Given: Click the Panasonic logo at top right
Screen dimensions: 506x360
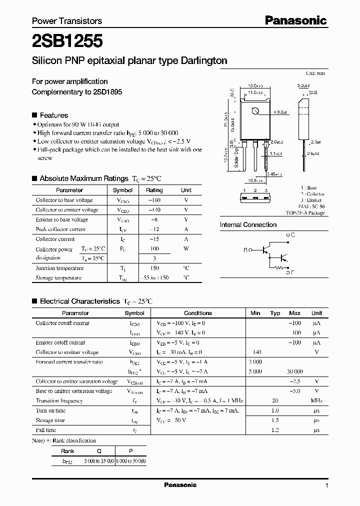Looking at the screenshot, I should (295, 20).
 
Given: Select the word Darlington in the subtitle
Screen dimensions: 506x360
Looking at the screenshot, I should (204, 60).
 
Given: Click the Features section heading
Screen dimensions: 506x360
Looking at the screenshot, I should (53, 114).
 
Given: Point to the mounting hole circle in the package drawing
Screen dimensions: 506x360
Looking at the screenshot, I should (255, 111).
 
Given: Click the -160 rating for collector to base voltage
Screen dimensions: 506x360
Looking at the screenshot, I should (154, 200).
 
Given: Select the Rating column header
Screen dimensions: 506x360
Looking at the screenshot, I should (154, 190).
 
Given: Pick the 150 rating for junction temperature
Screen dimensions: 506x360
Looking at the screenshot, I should (154, 268).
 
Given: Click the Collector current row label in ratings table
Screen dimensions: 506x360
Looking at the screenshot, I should (55, 239).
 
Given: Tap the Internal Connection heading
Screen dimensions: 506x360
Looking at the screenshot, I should (248, 224).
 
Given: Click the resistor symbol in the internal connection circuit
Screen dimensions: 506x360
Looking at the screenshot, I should (278, 268).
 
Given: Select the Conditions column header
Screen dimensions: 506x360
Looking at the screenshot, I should (198, 313).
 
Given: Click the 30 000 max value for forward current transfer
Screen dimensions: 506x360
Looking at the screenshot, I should (294, 371).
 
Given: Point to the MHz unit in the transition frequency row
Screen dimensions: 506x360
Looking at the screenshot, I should (316, 400).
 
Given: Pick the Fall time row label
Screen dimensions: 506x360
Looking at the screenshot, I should (46, 429).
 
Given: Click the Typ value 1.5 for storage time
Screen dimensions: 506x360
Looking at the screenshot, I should (274, 420).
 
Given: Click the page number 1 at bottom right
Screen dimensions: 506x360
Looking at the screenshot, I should (326, 485).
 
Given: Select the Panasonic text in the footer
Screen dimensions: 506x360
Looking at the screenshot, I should (180, 485).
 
